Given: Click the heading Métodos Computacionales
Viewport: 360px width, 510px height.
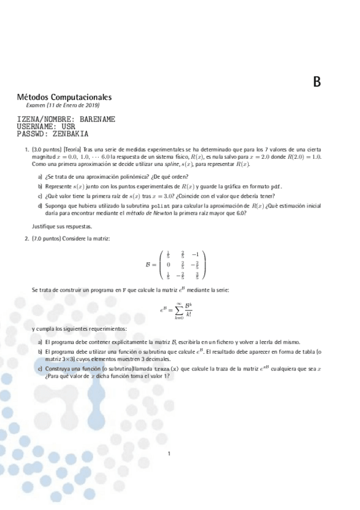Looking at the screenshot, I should (x=64, y=97).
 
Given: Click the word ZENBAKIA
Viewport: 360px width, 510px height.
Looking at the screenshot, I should (x=70, y=134).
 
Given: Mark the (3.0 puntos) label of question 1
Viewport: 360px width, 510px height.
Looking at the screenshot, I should (x=47, y=149).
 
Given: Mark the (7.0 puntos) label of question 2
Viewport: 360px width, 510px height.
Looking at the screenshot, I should (x=47, y=239).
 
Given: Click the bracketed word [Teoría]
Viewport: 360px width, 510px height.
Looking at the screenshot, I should (x=73, y=149).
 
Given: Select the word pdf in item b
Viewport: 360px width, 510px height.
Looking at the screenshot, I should (x=276, y=186).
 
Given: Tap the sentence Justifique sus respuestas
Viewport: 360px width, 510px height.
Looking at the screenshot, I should (x=62, y=227).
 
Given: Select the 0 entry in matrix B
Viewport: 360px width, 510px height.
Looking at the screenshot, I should (x=168, y=265).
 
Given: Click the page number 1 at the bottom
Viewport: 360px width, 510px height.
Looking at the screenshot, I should (x=169, y=454).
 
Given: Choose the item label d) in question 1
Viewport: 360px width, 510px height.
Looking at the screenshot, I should (x=40, y=206).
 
